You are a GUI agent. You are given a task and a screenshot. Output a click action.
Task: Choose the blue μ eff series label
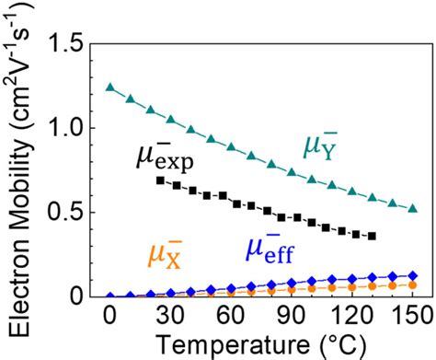click(272, 249)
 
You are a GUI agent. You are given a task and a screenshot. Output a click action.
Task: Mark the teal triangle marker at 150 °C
click(412, 208)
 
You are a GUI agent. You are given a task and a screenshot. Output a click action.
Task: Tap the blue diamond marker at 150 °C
click(412, 275)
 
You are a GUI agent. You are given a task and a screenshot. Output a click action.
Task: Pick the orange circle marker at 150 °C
click(412, 285)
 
